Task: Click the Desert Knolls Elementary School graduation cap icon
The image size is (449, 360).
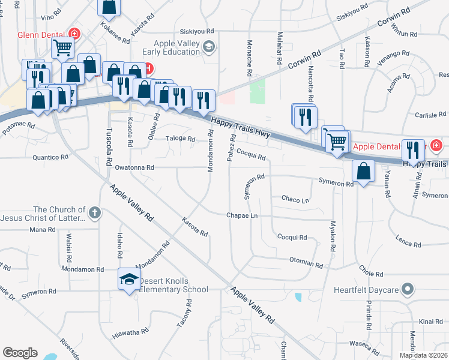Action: click(129, 280)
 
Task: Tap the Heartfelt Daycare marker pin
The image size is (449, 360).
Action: click(408, 289)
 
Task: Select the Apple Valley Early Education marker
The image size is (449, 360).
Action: click(208, 47)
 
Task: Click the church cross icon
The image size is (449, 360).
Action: click(94, 212)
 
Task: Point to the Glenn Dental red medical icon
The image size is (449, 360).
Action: click(75, 33)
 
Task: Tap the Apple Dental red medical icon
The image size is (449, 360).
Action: click(436, 145)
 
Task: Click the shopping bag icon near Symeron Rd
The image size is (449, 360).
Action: click(364, 171)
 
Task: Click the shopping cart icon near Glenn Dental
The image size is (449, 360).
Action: click(63, 47)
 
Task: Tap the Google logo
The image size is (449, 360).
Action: click(20, 353)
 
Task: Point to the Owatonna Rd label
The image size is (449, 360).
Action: click(134, 168)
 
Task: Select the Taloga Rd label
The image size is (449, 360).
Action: click(181, 139)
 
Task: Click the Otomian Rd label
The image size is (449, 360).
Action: click(306, 263)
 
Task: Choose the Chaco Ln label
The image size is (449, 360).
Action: click(295, 199)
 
